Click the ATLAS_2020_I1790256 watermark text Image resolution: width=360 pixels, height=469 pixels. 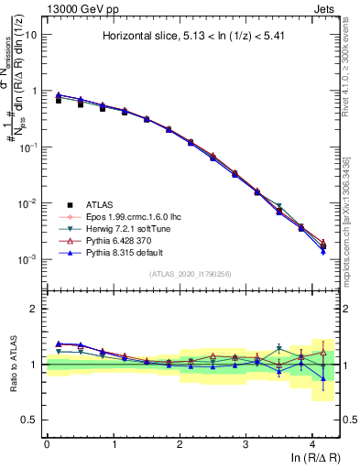click(x=190, y=274)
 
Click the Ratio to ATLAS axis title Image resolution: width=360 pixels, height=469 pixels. click(x=12, y=365)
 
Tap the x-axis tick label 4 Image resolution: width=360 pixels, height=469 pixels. click(x=312, y=443)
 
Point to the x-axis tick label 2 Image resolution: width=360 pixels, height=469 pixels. click(x=180, y=443)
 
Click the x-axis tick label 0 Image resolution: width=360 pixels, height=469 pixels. click(x=47, y=443)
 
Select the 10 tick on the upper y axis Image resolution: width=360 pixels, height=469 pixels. click(x=31, y=35)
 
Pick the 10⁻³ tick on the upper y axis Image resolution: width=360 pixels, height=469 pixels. click(x=28, y=260)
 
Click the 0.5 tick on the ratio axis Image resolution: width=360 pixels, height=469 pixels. click(x=30, y=420)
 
